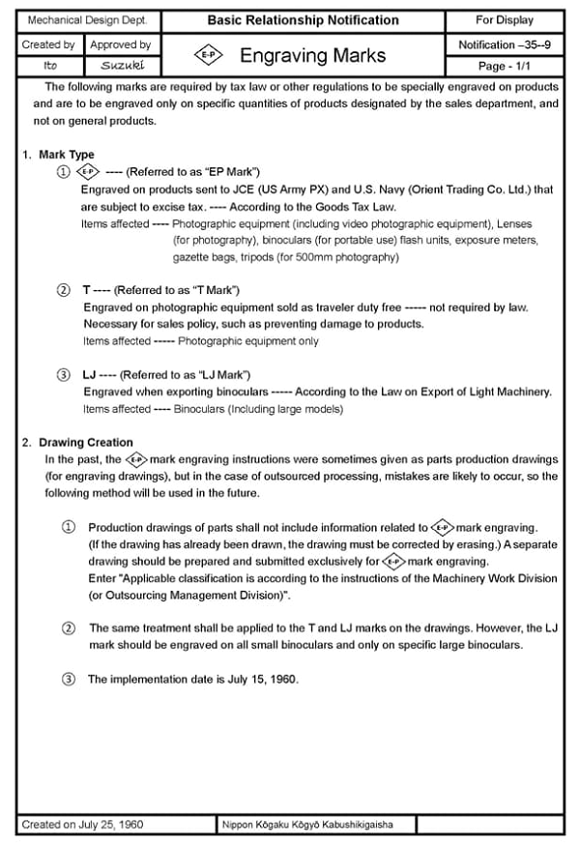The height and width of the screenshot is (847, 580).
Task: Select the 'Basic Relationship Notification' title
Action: click(x=303, y=20)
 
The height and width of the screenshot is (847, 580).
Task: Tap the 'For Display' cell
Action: click(x=504, y=20)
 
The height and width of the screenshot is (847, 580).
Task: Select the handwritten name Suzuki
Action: click(x=120, y=65)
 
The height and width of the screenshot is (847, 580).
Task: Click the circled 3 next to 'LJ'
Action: click(x=64, y=374)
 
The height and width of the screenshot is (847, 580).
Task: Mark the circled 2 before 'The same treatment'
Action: click(x=68, y=628)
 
